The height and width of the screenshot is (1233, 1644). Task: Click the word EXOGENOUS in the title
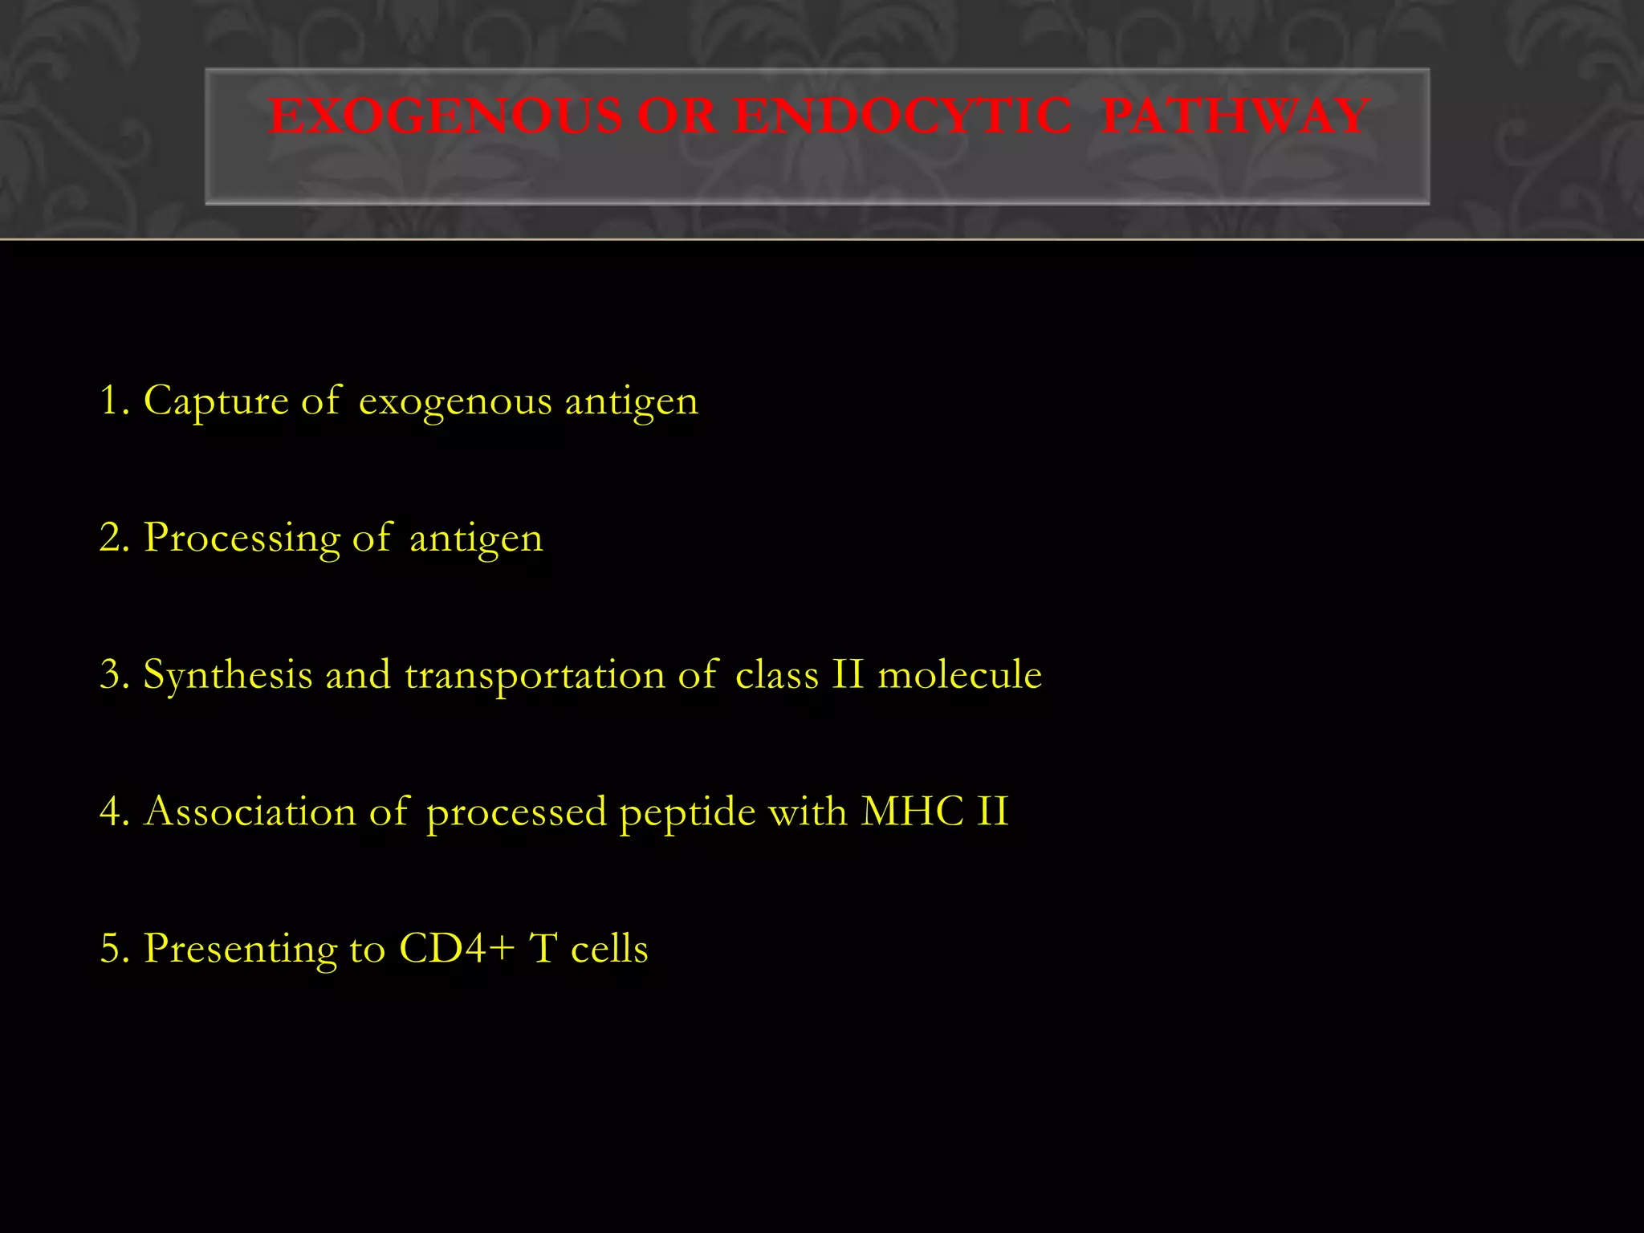click(x=445, y=116)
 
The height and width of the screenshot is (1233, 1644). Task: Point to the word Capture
click(x=215, y=400)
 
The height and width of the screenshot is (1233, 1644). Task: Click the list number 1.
click(x=111, y=400)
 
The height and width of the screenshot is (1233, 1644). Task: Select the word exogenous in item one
click(x=454, y=401)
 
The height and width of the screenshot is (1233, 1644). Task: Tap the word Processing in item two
click(x=242, y=538)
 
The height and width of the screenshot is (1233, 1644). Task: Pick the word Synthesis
click(x=227, y=675)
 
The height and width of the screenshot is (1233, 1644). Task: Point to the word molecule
click(x=959, y=674)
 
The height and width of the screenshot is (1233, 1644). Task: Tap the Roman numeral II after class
click(x=848, y=674)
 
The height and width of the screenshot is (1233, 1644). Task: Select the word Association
click(x=250, y=812)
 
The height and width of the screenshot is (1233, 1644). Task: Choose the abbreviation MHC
click(x=911, y=812)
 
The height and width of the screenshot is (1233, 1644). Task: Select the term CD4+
click(x=456, y=949)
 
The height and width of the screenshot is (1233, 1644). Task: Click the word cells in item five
click(x=608, y=949)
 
